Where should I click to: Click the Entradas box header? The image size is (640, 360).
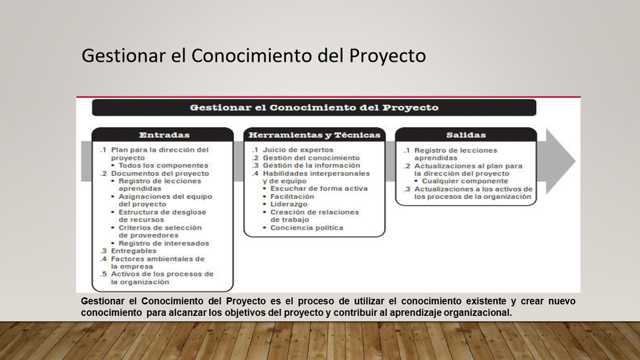pyautogui.click(x=164, y=135)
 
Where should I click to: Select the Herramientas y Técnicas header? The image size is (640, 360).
pyautogui.click(x=314, y=135)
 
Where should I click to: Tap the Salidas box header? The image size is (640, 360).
pyautogui.click(x=466, y=135)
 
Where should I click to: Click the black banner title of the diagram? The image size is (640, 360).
pyautogui.click(x=314, y=107)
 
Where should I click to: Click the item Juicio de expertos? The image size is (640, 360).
pyautogui.click(x=298, y=149)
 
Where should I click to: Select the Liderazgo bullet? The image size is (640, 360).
pyautogui.click(x=289, y=204)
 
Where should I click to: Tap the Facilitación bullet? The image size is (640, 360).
pyautogui.click(x=292, y=196)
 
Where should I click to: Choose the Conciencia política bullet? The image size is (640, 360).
pyautogui.click(x=307, y=227)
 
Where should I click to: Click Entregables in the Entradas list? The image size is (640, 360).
pyautogui.click(x=133, y=251)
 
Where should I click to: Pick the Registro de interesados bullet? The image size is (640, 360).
pyautogui.click(x=163, y=243)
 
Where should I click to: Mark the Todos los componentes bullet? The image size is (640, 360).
pyautogui.click(x=163, y=165)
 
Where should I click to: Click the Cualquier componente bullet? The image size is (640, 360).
pyautogui.click(x=465, y=181)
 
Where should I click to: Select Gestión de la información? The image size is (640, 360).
pyautogui.click(x=311, y=165)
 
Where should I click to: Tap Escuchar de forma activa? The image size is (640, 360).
pyautogui.click(x=319, y=188)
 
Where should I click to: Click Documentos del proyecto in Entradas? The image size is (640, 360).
pyautogui.click(x=160, y=173)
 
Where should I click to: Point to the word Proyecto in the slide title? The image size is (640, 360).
pyautogui.click(x=387, y=55)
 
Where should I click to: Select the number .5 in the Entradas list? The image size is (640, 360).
pyautogui.click(x=103, y=274)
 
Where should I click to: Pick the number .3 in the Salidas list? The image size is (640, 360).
pyautogui.click(x=407, y=189)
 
